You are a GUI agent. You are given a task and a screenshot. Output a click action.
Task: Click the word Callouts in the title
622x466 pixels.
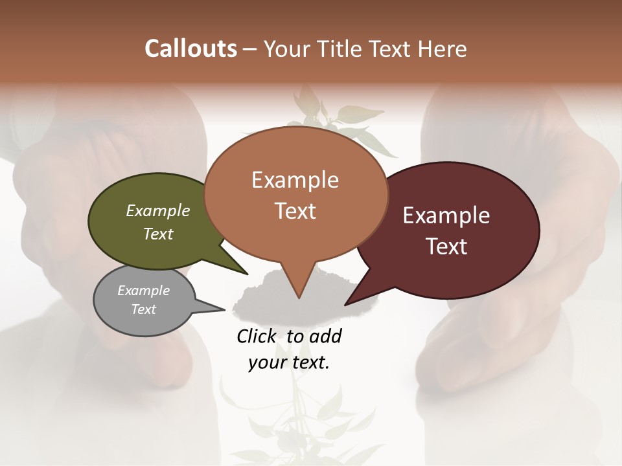[x=190, y=49]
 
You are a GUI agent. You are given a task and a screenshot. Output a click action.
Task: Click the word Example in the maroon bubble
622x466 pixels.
[x=446, y=216]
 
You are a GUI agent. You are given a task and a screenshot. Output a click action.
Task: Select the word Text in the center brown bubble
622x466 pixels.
[x=295, y=211]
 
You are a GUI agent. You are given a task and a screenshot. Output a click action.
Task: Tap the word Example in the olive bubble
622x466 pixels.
[x=158, y=211]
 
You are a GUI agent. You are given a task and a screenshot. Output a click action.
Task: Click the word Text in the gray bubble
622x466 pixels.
[x=143, y=309]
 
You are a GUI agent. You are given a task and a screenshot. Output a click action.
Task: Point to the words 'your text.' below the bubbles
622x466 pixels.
[x=288, y=362]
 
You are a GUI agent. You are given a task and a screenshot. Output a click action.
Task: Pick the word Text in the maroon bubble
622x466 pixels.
[x=446, y=247]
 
